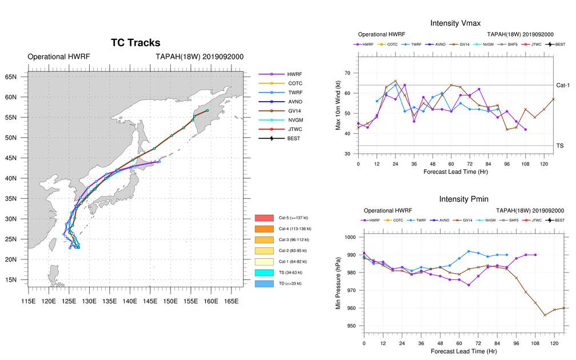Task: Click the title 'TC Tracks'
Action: tap(135, 43)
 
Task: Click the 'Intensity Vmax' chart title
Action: tap(455, 23)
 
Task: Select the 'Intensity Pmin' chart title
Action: tap(455, 199)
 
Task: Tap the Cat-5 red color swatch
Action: tap(266, 218)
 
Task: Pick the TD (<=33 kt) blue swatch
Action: tap(266, 282)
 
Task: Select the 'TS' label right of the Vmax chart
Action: tap(559, 146)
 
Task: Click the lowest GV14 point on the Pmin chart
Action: tap(545, 315)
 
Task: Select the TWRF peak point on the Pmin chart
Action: tap(469, 251)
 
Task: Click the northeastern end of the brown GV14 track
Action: tap(207, 110)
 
